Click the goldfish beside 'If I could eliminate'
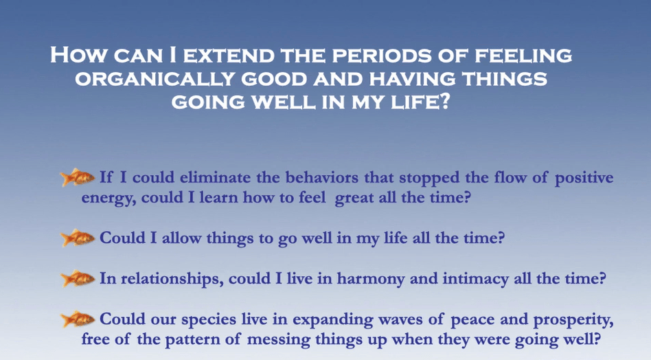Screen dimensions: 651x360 [78, 177]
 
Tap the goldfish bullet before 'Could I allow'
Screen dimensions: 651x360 [78, 238]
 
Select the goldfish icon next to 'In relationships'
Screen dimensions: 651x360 [78, 278]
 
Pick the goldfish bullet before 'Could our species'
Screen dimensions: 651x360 [78, 319]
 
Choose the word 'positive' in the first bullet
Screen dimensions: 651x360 [584, 179]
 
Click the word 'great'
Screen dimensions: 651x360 [354, 199]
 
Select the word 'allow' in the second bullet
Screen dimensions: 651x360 [181, 238]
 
